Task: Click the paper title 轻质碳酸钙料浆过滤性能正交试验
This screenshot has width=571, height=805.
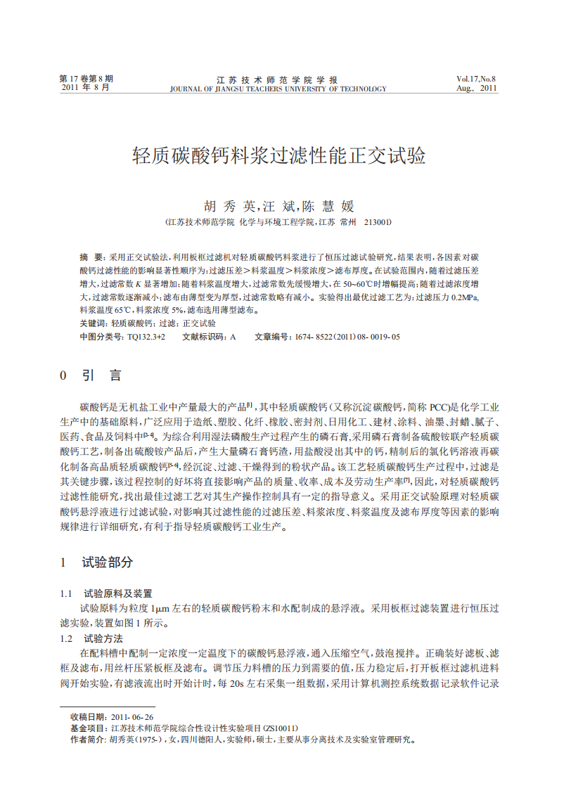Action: tap(279, 156)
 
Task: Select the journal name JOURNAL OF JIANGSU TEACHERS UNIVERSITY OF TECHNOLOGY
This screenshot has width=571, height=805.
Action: tap(278, 89)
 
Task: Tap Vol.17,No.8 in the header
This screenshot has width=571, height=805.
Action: tap(476, 79)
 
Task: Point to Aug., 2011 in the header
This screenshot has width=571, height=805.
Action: tap(476, 89)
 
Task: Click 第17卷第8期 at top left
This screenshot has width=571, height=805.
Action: tap(86, 79)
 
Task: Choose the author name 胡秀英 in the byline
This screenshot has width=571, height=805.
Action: tap(229, 206)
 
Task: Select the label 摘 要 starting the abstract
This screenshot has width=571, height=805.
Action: tap(92, 258)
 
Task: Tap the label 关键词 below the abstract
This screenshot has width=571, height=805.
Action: tap(92, 323)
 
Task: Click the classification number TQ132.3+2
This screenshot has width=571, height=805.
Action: tap(146, 337)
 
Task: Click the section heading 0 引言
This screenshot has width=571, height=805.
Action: tap(91, 375)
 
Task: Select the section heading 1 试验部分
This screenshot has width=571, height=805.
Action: tap(96, 562)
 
